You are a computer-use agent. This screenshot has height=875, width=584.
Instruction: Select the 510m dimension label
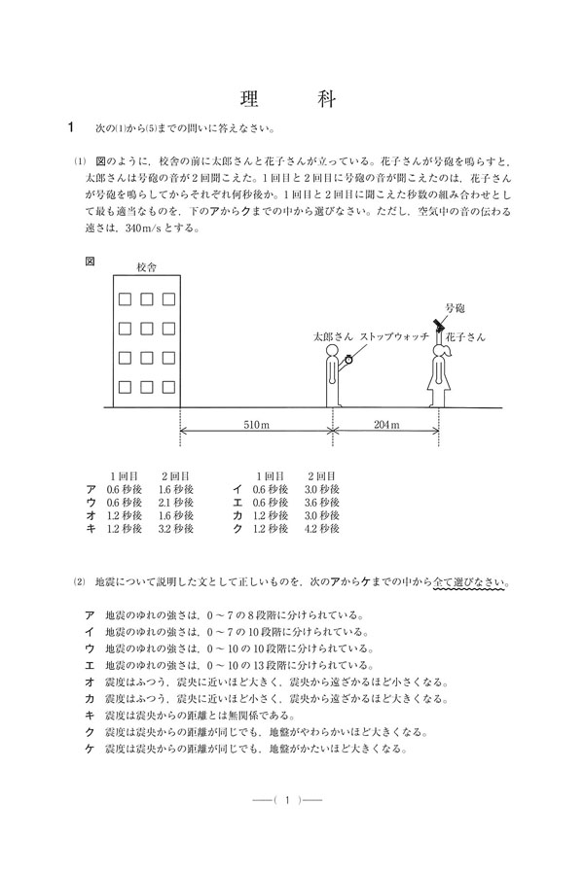(256, 425)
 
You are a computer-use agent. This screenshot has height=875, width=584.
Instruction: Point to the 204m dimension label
(386, 425)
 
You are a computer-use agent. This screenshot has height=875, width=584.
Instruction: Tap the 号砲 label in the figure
(455, 307)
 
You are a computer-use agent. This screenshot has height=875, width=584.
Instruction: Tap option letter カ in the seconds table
(237, 516)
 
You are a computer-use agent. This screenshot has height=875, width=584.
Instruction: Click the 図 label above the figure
(91, 261)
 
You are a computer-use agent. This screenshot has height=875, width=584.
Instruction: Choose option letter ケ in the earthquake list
(91, 750)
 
